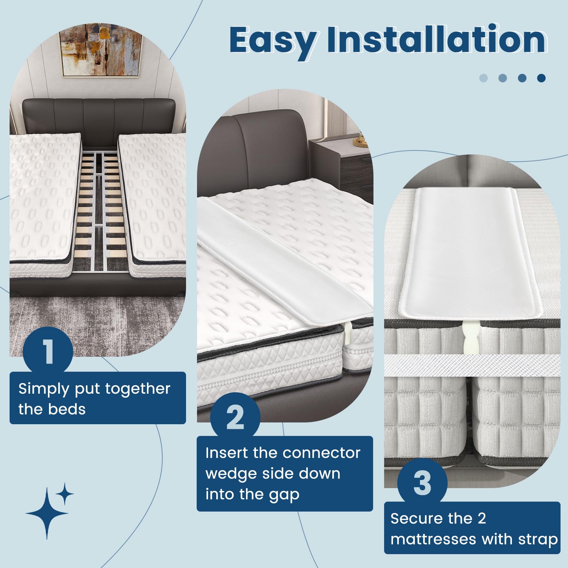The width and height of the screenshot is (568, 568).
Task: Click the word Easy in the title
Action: [x=273, y=41]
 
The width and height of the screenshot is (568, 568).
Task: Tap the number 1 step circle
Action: [x=48, y=351]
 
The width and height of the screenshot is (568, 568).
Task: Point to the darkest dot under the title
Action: [x=541, y=78]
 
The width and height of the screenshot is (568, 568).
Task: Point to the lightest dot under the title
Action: [x=484, y=78]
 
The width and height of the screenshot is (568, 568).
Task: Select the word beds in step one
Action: [x=67, y=409]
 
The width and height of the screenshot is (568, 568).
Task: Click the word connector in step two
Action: [x=321, y=453]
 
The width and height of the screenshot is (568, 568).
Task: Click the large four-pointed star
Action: [x=47, y=513]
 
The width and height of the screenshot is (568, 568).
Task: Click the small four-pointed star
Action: [x=65, y=494]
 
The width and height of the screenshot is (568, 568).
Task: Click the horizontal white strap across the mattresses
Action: [x=472, y=366]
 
